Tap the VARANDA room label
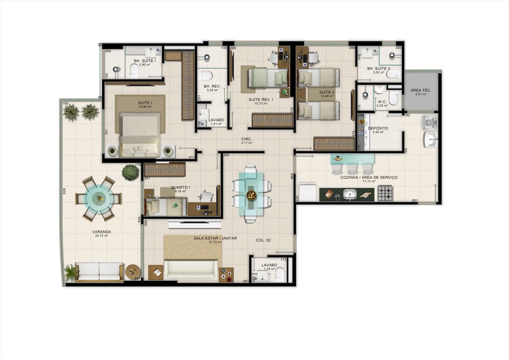coord(102,232)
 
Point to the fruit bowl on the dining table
coord(251,195)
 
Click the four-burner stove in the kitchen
coord(385,193)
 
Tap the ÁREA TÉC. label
coord(421,91)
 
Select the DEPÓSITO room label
coord(378,128)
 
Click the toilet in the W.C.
coord(394,98)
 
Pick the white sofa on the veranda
coord(99,272)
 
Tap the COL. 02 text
coord(263,240)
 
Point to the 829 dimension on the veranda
coord(64,191)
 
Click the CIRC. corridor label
coord(247,139)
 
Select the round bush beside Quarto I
coord(130,173)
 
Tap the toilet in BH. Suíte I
coord(134,71)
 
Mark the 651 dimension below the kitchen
coord(415,201)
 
